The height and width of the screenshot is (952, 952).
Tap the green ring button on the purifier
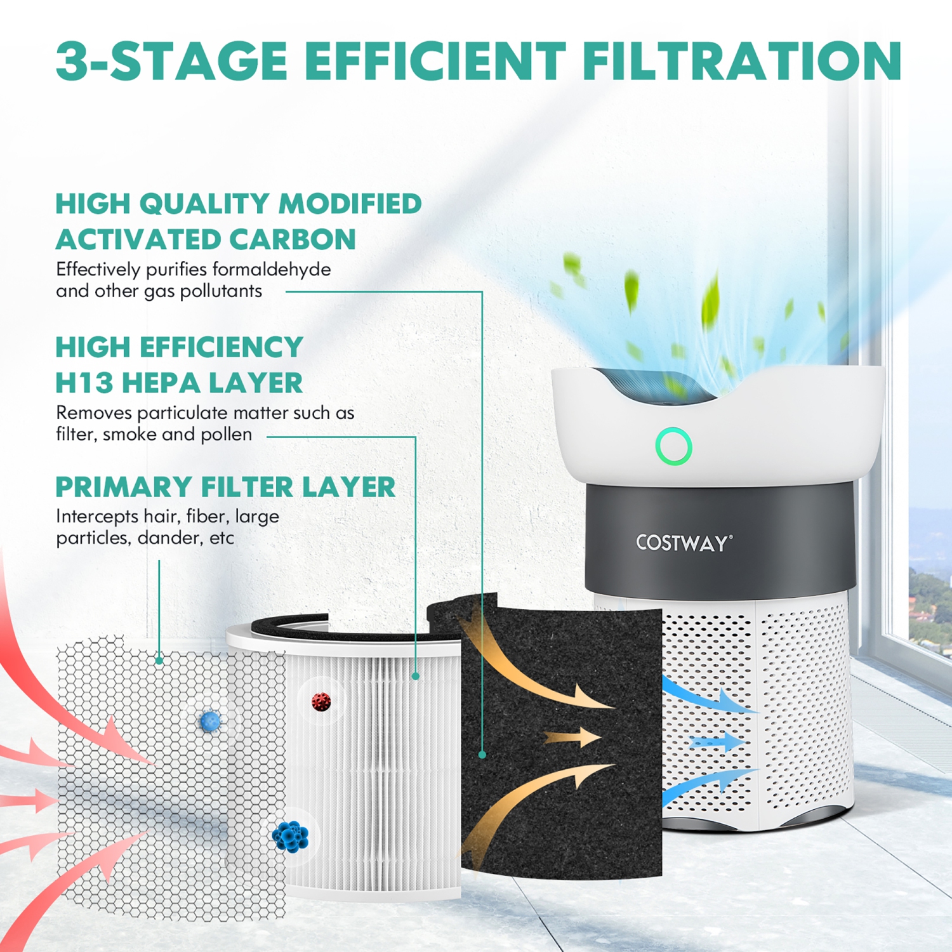(x=673, y=446)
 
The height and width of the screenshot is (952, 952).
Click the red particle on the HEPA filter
(x=321, y=701)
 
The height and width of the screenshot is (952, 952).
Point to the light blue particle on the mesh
(x=209, y=720)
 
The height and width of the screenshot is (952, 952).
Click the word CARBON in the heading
(x=293, y=239)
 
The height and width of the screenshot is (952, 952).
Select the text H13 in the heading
(x=83, y=383)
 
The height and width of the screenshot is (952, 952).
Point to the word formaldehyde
(x=271, y=269)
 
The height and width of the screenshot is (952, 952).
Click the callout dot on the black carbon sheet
(x=482, y=755)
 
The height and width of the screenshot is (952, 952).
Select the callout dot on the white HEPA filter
(x=416, y=677)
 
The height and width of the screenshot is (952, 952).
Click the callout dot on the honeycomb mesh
(x=159, y=661)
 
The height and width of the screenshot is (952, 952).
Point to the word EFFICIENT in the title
(x=435, y=61)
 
